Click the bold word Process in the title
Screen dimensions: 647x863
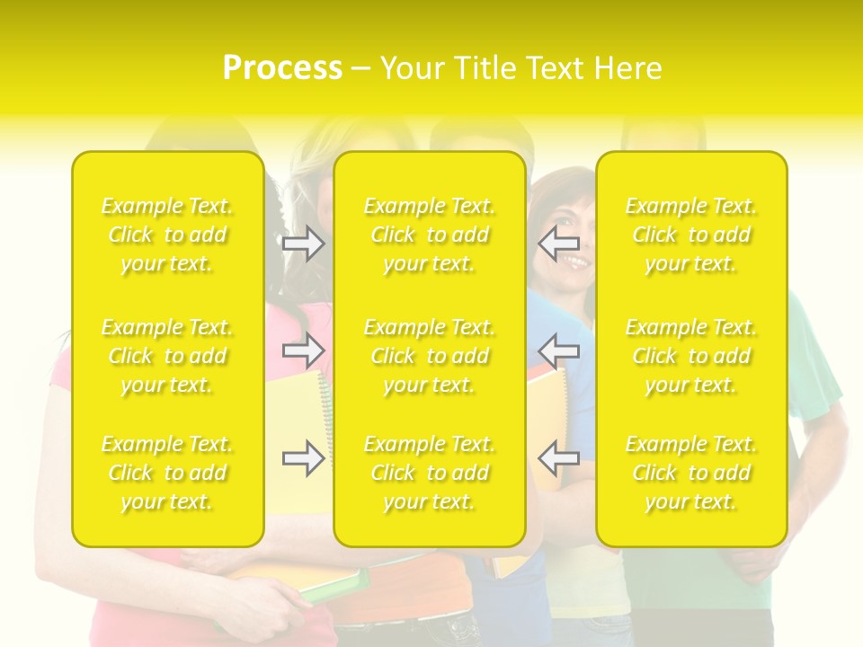[282, 68]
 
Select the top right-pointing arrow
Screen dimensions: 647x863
[304, 244]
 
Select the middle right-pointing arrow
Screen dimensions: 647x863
[304, 349]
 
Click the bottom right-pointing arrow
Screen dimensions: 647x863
[304, 458]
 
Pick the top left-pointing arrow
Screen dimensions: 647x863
[558, 244]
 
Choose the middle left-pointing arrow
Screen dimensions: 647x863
[558, 349]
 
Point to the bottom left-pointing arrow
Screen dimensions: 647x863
[558, 458]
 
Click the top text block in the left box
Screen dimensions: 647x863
[167, 235]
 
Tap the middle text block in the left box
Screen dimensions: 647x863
[167, 356]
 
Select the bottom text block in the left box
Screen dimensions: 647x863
[167, 473]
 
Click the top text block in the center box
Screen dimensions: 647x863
[429, 235]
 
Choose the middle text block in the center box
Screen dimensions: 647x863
[429, 356]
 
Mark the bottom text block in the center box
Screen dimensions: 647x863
[429, 473]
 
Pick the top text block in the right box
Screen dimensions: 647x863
[690, 235]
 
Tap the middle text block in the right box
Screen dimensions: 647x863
[690, 356]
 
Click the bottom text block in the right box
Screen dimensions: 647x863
[690, 473]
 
